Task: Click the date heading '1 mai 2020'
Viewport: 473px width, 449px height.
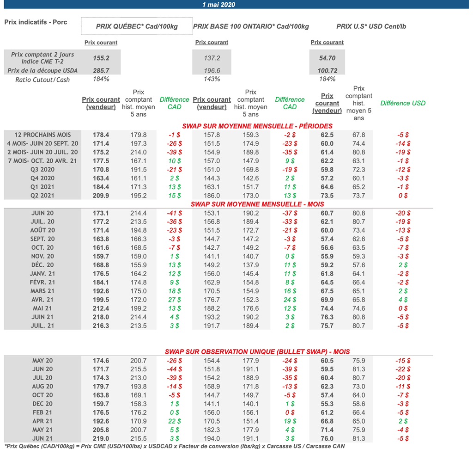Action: (x=218, y=5)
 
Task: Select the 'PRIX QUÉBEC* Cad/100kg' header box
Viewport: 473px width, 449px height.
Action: (x=137, y=26)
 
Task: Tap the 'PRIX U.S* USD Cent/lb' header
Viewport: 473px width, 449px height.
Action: (x=371, y=26)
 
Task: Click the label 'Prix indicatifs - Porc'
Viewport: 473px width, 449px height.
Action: (x=36, y=22)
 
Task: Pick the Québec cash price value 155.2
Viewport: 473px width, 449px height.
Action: (x=101, y=58)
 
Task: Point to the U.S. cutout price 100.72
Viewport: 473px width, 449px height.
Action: (x=327, y=71)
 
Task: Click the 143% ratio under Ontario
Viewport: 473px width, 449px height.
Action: (x=212, y=79)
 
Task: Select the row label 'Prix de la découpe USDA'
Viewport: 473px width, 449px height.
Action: (x=42, y=71)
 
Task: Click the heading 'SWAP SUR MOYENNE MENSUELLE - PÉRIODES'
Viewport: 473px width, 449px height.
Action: (x=257, y=126)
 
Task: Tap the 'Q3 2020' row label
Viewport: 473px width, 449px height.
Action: (x=42, y=170)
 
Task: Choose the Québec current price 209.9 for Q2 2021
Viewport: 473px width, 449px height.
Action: (x=101, y=196)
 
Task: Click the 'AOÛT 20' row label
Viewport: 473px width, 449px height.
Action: (x=42, y=230)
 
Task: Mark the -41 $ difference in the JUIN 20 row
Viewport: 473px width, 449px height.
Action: (x=174, y=213)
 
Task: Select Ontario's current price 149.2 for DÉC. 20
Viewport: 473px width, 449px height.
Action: (x=212, y=265)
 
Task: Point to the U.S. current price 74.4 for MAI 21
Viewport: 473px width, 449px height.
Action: (x=327, y=308)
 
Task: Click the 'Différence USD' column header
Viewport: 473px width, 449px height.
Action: (x=403, y=103)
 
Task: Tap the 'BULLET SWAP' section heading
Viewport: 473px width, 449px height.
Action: (x=257, y=352)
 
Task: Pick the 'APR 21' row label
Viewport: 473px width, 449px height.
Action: (x=42, y=421)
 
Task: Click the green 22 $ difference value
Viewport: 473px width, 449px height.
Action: (x=174, y=421)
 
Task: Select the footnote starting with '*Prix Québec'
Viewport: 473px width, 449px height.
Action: (x=175, y=446)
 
